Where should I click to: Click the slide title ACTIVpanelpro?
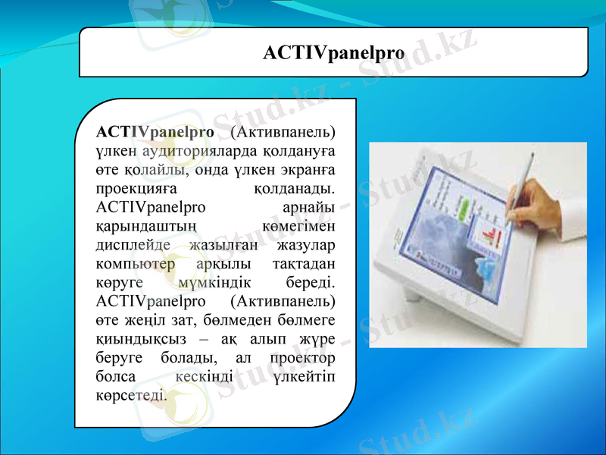click(x=333, y=52)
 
